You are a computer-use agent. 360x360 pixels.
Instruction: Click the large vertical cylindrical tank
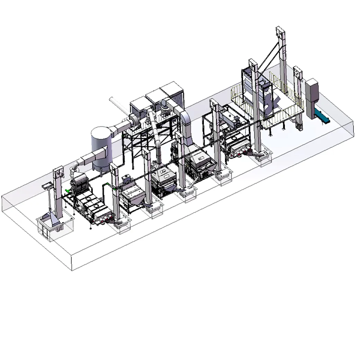point(101,145)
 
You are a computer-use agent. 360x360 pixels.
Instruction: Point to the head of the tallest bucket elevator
point(280,34)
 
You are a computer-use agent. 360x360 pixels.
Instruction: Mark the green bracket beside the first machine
point(67,191)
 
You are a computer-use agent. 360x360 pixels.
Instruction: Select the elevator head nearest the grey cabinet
point(297,73)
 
